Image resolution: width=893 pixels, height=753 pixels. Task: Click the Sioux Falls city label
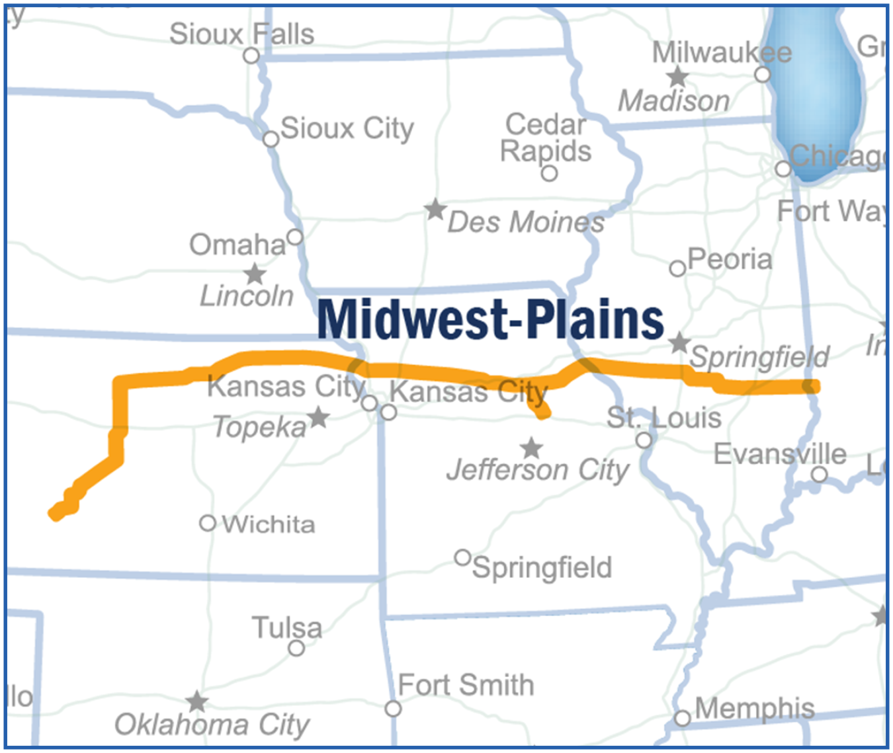tap(241, 34)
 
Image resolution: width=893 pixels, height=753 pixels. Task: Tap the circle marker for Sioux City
tap(271, 139)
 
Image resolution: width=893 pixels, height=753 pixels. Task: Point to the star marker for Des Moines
tap(435, 210)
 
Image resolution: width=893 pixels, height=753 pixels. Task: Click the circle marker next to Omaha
tap(295, 237)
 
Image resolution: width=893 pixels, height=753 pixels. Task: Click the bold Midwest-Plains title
tap(490, 319)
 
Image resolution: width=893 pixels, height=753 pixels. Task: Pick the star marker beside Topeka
tap(319, 417)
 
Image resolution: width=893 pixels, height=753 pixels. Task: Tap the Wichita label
tap(269, 525)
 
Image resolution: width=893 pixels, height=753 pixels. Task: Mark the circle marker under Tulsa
tap(296, 648)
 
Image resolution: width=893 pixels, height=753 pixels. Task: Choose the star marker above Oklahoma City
tap(196, 701)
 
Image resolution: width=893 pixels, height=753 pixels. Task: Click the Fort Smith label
tap(466, 685)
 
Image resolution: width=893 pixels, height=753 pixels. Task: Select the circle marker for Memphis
tap(682, 718)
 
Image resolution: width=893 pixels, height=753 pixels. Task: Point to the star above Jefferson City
tap(531, 448)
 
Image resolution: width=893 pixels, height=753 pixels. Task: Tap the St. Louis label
tap(663, 418)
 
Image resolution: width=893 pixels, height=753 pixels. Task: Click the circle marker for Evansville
tap(819, 474)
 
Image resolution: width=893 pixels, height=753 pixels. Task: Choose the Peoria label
tap(730, 259)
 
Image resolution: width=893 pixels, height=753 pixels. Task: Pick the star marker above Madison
tap(677, 77)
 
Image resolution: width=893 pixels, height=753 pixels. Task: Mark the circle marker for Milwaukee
tap(763, 75)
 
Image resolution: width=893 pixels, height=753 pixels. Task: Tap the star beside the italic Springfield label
tap(679, 343)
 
